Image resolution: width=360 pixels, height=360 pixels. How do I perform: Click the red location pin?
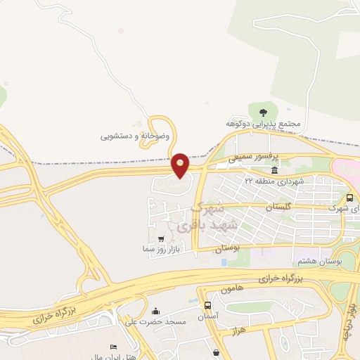(181, 165)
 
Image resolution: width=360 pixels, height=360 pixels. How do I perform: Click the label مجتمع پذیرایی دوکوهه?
(269, 124)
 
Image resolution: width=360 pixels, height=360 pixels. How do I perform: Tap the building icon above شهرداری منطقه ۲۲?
(274, 171)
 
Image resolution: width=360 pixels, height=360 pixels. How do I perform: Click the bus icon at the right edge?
(351, 198)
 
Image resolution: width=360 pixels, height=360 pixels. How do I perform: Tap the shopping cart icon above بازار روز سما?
(162, 239)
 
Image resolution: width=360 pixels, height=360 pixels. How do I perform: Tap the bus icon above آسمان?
(207, 306)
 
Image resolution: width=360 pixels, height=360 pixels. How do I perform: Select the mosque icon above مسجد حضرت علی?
(155, 311)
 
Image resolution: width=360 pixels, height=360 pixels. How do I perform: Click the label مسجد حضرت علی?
(145, 322)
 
